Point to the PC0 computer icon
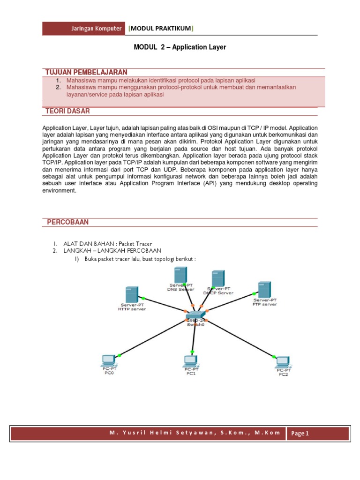[108, 361]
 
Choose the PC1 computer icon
[190, 361]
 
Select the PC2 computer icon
[282, 362]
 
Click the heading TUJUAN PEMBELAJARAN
[86, 72]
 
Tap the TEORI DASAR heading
[67, 111]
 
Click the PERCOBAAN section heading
[67, 222]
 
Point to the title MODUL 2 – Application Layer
[180, 47]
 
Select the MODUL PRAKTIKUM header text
[161, 29]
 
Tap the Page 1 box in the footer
[300, 433]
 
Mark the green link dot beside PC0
[119, 356]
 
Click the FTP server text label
[265, 304]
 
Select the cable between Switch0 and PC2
[239, 338]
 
